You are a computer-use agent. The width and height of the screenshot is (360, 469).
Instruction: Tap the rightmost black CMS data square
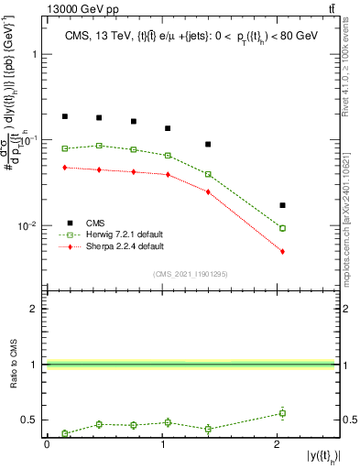[282, 205]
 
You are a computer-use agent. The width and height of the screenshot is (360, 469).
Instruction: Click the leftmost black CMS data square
[65, 116]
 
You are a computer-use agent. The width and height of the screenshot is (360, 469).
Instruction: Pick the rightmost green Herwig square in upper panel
[282, 228]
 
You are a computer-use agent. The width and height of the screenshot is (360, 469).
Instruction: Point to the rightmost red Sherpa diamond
[282, 251]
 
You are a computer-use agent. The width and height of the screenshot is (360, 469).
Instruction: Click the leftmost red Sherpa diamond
[65, 167]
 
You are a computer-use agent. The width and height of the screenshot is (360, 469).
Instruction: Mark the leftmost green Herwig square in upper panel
[65, 148]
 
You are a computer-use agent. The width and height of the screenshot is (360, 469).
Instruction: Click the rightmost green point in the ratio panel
[282, 413]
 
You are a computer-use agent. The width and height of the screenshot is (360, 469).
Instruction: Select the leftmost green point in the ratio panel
[65, 433]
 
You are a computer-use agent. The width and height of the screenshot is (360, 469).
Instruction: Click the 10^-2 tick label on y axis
[29, 225]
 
